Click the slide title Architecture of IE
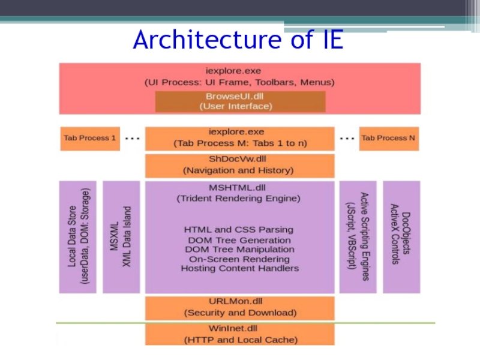tap(238, 40)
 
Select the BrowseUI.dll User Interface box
tap(240, 101)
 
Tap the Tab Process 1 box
tap(90, 138)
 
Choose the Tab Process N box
tap(388, 138)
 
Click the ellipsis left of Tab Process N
tap(346, 138)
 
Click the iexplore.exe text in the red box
tap(240, 71)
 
